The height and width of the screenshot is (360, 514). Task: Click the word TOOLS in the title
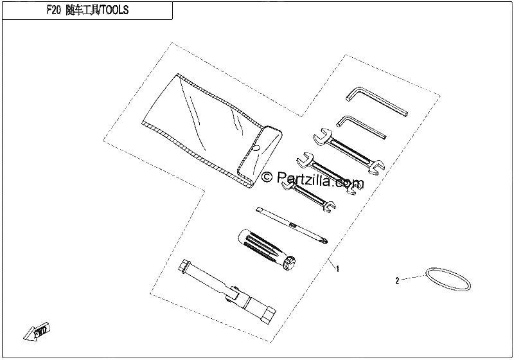[115, 10]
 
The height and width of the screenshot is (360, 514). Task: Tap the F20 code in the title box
[54, 10]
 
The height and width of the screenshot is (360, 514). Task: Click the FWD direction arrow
[37, 328]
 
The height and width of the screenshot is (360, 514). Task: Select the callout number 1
[338, 269]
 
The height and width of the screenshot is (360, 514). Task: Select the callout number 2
[397, 281]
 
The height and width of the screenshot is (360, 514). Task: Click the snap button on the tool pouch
[256, 148]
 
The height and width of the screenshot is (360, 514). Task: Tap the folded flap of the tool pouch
[260, 157]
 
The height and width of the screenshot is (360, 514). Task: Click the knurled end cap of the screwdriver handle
[290, 264]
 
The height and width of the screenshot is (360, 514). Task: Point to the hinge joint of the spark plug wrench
[234, 293]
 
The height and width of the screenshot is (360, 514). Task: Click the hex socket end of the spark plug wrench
[270, 313]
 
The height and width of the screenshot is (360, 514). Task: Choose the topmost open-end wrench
[348, 150]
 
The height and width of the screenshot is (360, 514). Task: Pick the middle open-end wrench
[327, 173]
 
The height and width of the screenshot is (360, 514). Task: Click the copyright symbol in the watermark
[267, 177]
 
